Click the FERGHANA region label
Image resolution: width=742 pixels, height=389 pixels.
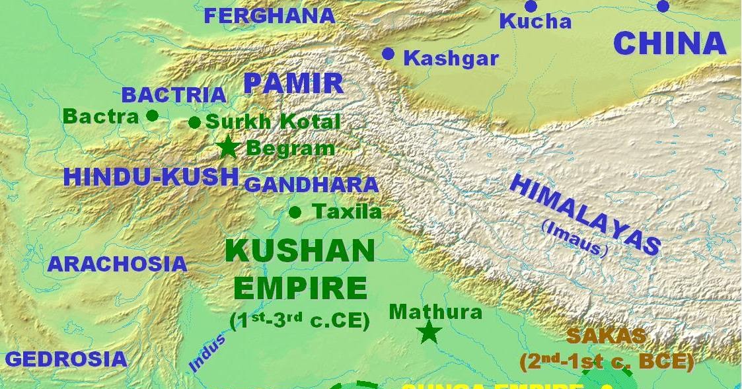click(x=269, y=15)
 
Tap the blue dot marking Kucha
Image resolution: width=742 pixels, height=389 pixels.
click(x=531, y=7)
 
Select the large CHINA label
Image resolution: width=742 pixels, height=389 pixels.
click(x=669, y=44)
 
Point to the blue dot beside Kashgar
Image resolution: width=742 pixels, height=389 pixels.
click(x=389, y=54)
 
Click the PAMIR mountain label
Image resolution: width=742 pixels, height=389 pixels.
click(x=293, y=84)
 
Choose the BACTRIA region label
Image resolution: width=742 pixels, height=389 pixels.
click(x=174, y=95)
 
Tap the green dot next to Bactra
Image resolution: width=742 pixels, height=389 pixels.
click(x=152, y=116)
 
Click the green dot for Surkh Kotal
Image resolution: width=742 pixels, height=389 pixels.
click(x=194, y=122)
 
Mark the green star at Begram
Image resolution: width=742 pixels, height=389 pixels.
click(x=228, y=147)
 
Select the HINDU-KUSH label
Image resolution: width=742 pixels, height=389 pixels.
click(x=151, y=177)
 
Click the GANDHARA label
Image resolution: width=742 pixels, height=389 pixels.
click(x=311, y=185)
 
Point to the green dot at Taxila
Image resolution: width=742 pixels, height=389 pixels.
click(x=295, y=212)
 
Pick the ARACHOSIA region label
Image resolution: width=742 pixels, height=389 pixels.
click(x=117, y=264)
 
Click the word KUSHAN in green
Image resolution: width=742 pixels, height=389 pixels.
click(x=300, y=252)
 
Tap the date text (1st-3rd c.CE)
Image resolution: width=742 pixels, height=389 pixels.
click(x=299, y=321)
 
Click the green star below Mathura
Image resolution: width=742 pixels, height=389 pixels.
click(x=429, y=332)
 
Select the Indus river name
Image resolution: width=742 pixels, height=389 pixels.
click(x=207, y=353)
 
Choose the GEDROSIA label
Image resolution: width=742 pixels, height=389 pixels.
click(x=65, y=359)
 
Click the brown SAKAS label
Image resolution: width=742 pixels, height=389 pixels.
click(x=605, y=336)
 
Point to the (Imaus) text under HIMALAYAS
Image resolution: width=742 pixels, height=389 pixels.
click(x=574, y=238)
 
